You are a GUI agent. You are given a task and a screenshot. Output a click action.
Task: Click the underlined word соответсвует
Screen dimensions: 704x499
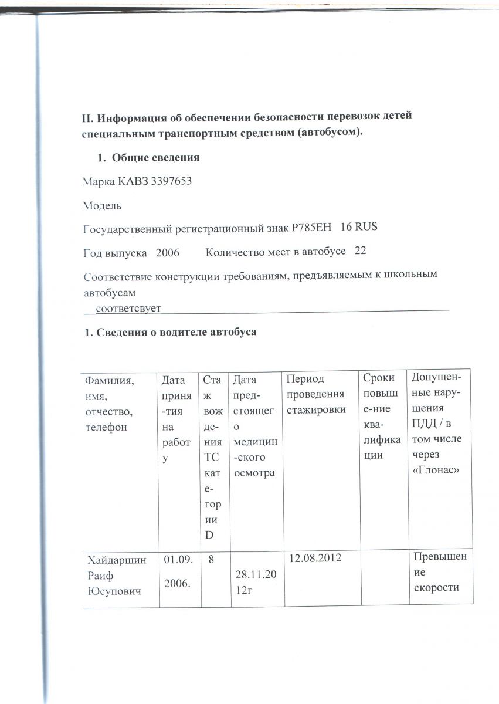click(128, 307)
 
